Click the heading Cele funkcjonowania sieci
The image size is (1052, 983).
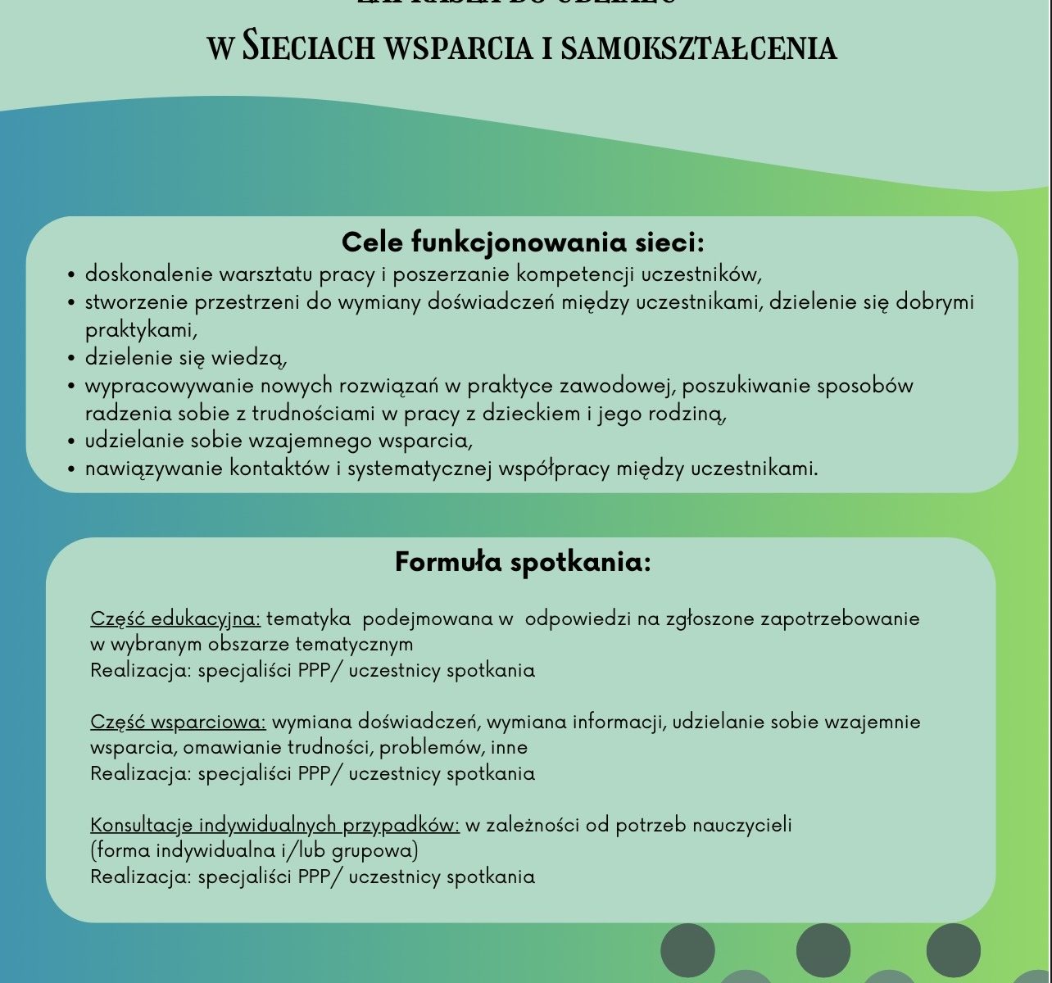[523, 242]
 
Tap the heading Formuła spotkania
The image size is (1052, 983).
[523, 563]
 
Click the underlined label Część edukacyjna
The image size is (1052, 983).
[175, 618]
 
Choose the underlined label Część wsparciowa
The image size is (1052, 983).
[178, 722]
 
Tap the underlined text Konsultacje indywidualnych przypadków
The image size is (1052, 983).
[274, 824]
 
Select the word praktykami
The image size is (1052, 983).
[141, 330]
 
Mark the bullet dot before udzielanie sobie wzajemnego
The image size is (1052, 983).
[71, 442]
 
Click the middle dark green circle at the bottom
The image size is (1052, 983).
[823, 950]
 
